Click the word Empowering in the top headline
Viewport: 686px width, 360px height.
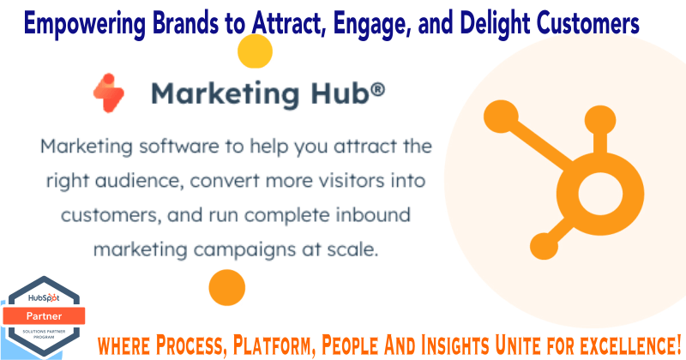85,23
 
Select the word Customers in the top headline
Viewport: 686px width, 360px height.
588,23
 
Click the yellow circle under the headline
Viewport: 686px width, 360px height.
255,51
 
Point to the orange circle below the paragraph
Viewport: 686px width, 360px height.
227,287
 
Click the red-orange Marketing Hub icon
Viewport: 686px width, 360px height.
109,93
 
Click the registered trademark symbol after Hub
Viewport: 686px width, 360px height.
377,90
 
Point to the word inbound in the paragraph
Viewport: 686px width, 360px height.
373,215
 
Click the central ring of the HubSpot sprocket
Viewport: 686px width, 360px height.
600,194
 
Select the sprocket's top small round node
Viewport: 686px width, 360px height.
600,120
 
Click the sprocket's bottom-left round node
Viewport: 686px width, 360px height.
544,246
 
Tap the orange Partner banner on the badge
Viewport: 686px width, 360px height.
44,315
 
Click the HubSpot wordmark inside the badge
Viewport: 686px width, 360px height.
44,298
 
